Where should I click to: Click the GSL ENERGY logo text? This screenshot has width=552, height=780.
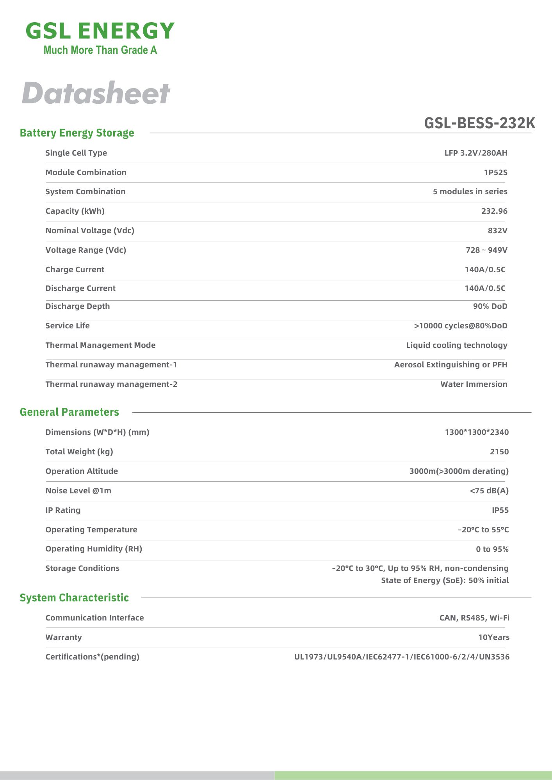click(x=100, y=31)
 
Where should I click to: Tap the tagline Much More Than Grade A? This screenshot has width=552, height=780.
click(x=100, y=50)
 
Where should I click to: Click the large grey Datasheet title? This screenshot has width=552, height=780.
click(x=96, y=93)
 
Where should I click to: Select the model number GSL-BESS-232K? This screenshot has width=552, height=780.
click(x=479, y=123)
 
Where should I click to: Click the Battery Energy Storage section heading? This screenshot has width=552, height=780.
click(x=77, y=133)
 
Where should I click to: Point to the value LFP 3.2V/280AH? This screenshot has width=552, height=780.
click(x=475, y=153)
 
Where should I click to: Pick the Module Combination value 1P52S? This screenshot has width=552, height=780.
click(x=495, y=172)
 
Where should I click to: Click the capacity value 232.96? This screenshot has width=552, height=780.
click(x=494, y=211)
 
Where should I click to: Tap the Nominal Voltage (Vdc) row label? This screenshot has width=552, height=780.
click(x=90, y=230)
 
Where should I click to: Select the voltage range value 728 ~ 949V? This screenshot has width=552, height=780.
click(x=486, y=250)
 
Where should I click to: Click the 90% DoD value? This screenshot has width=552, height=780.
click(x=490, y=306)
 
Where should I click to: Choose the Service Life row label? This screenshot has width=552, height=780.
click(x=68, y=326)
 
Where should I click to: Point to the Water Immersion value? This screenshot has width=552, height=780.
click(x=474, y=384)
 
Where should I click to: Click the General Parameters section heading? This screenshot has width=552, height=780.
click(x=69, y=412)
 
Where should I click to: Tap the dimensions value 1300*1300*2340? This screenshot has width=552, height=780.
click(x=477, y=432)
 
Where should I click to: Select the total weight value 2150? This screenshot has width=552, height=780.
click(x=499, y=452)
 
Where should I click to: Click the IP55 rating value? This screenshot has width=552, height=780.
click(x=500, y=510)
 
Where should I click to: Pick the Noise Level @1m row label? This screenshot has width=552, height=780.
click(x=78, y=491)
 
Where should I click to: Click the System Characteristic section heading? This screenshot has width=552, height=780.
click(x=74, y=598)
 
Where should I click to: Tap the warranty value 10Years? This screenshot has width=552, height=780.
click(x=493, y=637)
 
